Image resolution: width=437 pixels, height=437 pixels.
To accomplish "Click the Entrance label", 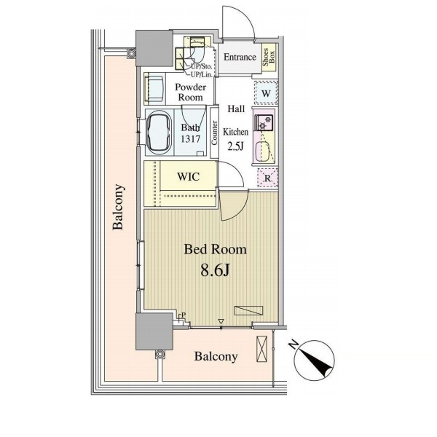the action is (x=240, y=57).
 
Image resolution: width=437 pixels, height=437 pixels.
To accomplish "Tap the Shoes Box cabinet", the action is (x=269, y=58).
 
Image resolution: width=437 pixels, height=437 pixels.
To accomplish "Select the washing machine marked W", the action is (x=266, y=93).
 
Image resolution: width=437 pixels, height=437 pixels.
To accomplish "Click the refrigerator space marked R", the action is (x=267, y=178).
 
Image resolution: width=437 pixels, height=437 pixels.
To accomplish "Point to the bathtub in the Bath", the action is (x=159, y=133).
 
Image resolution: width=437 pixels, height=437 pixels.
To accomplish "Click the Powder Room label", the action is (x=191, y=92).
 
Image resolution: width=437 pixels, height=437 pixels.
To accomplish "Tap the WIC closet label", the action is (x=189, y=176).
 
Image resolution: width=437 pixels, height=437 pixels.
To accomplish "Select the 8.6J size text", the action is (x=215, y=269).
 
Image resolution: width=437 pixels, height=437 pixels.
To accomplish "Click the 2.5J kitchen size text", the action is (x=236, y=146).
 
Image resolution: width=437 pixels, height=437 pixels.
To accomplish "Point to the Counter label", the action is (x=214, y=133).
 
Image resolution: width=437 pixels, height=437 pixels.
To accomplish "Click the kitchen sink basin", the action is (x=262, y=151).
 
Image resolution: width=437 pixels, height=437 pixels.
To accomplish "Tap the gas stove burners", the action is (x=264, y=122).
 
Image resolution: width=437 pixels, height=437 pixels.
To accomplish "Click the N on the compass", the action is (x=293, y=345).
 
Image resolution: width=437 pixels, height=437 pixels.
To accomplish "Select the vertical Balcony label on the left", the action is (x=118, y=207).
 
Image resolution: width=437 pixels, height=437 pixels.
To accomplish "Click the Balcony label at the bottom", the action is (x=216, y=356).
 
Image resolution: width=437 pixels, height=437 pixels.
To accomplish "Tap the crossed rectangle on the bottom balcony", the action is (x=261, y=349).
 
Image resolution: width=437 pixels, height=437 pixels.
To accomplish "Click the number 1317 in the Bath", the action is (x=191, y=138).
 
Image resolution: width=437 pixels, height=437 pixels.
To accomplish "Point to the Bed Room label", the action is (x=215, y=249).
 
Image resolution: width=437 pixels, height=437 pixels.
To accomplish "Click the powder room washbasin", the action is (x=154, y=89).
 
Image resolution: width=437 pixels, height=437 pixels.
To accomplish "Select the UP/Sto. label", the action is (x=201, y=67).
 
